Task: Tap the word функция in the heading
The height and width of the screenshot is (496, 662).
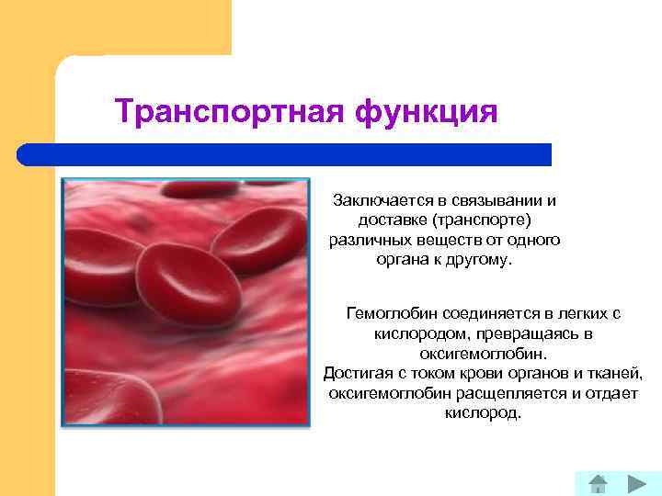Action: click(x=426, y=112)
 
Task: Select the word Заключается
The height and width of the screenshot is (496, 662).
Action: click(x=377, y=199)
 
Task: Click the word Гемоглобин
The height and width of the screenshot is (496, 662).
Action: click(x=389, y=313)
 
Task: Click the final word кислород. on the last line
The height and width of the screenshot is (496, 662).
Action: click(x=483, y=413)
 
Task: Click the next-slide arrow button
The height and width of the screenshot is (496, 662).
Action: click(x=636, y=483)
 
